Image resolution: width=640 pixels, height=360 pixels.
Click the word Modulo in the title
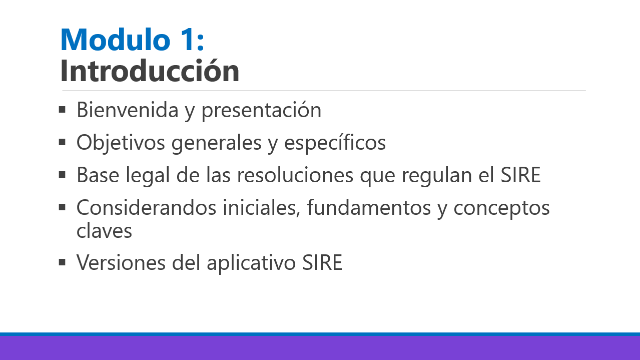tap(116, 40)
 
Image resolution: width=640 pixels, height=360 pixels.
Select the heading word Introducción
tap(150, 70)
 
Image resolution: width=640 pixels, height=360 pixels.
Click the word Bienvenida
tap(128, 110)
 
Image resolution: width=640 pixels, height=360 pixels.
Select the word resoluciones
tap(295, 175)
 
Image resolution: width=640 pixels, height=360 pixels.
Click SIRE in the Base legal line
tap(520, 175)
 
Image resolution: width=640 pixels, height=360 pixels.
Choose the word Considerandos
tap(146, 207)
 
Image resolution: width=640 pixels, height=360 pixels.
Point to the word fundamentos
tap(369, 207)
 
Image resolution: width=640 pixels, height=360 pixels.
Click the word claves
tap(104, 230)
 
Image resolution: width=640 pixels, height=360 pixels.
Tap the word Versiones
tap(121, 262)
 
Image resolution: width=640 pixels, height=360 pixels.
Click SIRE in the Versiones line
tap(322, 262)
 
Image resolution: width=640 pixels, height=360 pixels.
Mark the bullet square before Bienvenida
tap(62, 110)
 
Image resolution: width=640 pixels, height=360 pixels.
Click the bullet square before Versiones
tap(62, 262)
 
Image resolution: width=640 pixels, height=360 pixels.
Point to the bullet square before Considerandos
tap(62, 207)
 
